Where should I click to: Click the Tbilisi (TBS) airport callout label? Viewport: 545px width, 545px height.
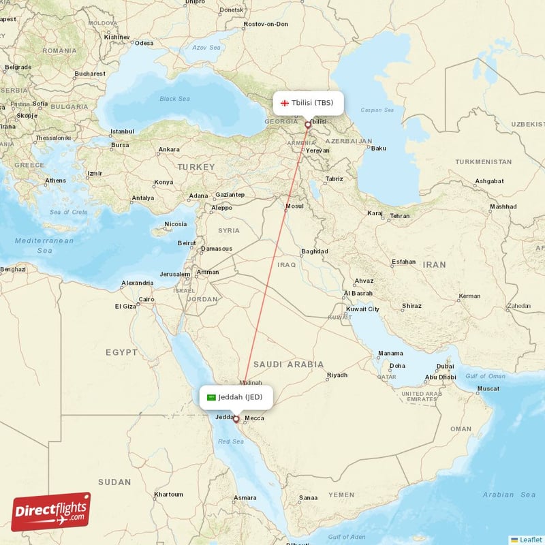(x=308, y=103)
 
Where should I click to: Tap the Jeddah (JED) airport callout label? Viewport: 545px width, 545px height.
(x=236, y=397)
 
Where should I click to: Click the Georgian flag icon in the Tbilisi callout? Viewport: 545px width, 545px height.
(x=285, y=103)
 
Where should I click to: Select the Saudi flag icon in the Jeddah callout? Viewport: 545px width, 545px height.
(x=212, y=397)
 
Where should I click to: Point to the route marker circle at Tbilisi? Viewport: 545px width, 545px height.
(x=308, y=125)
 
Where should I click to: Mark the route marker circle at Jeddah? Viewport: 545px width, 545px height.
(x=236, y=419)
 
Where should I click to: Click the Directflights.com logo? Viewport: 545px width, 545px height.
(x=50, y=512)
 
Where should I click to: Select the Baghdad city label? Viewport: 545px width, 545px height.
(x=314, y=251)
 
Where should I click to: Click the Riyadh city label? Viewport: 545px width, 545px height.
(x=337, y=375)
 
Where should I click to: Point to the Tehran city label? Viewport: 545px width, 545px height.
(x=399, y=216)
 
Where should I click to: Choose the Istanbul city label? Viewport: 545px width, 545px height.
(x=122, y=131)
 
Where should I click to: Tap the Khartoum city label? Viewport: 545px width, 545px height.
(x=168, y=494)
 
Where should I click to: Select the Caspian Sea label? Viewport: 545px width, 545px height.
(x=379, y=110)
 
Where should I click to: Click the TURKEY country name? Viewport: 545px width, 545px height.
(x=196, y=167)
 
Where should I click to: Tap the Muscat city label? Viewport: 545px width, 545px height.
(x=488, y=388)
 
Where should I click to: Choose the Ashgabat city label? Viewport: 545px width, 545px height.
(x=489, y=181)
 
